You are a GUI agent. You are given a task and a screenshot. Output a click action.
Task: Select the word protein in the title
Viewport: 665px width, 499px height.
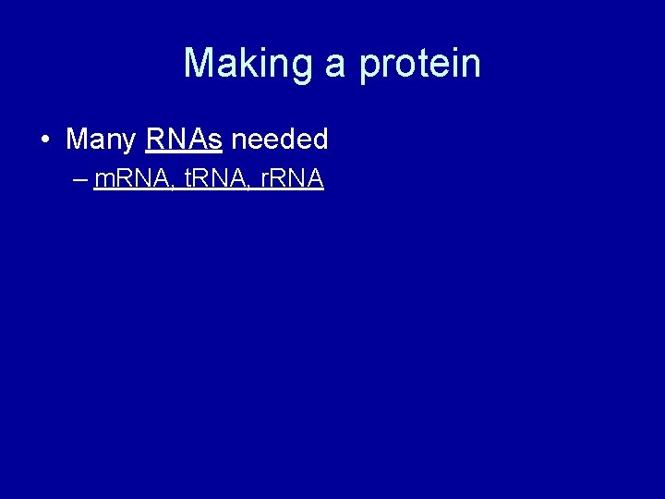point(419,64)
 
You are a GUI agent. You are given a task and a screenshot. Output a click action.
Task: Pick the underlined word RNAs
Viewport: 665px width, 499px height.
point(184,140)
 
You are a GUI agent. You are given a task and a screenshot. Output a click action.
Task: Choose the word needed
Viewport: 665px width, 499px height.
point(279,140)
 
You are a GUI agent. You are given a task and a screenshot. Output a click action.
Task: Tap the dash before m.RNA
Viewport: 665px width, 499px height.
point(79,179)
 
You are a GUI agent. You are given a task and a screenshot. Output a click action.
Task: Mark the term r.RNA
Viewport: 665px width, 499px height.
point(291,178)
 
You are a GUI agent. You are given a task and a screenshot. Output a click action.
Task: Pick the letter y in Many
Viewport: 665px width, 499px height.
point(129,143)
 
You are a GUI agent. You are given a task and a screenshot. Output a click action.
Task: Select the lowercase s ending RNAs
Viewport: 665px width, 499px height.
point(215,140)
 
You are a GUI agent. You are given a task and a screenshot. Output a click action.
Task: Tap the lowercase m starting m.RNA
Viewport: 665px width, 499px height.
point(103,180)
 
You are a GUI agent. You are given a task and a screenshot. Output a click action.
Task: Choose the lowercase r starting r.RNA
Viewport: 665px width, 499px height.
point(263,180)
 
